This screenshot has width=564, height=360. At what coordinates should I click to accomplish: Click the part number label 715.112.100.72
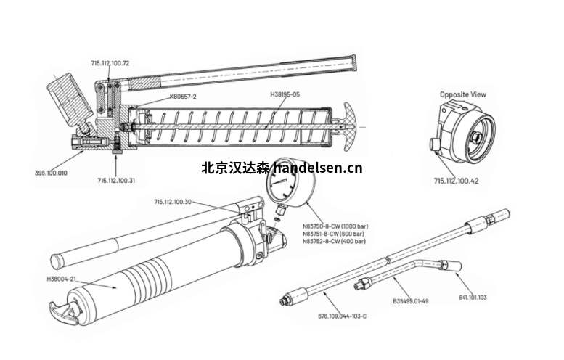click(110, 64)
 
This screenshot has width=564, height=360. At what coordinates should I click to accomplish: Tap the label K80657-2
click(183, 96)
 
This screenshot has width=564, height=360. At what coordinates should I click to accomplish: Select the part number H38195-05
click(285, 94)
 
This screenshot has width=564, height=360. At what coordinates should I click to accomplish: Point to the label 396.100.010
click(51, 173)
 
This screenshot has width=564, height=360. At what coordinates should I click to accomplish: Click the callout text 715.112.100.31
click(116, 180)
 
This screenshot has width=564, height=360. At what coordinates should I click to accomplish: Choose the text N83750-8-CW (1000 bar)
click(334, 226)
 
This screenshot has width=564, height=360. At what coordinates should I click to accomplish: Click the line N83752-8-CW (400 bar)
click(333, 242)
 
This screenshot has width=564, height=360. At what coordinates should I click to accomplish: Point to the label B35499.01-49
click(411, 300)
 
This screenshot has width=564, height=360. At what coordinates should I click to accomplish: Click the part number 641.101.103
click(473, 298)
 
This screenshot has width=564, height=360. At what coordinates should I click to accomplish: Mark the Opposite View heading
click(463, 94)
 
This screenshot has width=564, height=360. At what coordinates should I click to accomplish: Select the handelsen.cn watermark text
click(281, 168)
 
